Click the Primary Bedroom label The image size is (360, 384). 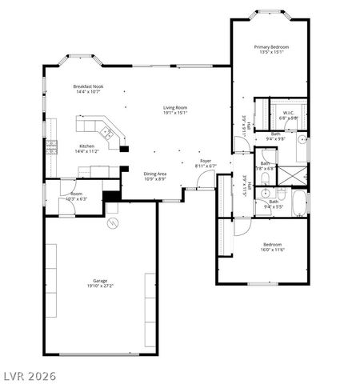[x=271, y=47]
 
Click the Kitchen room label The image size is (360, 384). [x=86, y=146]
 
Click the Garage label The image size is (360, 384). [x=100, y=281]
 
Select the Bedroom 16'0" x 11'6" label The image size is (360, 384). [x=272, y=245]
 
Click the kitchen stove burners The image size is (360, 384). [x=52, y=146]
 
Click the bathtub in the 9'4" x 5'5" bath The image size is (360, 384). [x=299, y=202]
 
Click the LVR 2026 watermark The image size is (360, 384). [x=29, y=374]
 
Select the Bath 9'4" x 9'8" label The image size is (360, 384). [x=275, y=136]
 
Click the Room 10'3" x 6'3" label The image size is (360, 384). [x=77, y=194]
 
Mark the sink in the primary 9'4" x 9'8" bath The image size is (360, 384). [x=302, y=139]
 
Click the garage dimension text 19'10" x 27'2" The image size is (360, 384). [x=100, y=286]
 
